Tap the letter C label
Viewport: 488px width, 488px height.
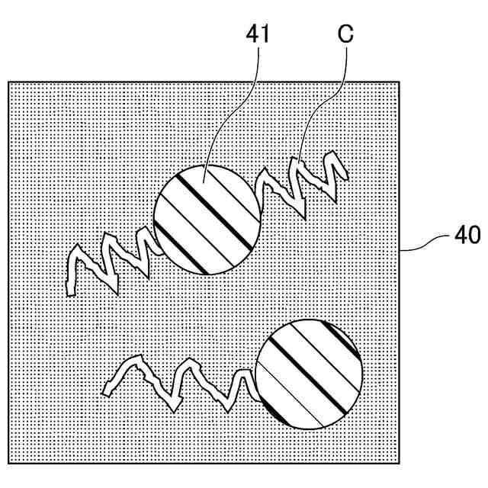[344, 34]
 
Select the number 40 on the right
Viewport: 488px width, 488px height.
[467, 236]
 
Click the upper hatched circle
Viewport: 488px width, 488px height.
[206, 219]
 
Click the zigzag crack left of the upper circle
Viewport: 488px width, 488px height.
[114, 259]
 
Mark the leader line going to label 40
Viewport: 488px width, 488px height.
[427, 242]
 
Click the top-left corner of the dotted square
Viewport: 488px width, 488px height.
[8, 82]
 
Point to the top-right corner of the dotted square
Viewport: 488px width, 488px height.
[400, 82]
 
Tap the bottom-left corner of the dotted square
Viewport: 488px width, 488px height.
[8, 462]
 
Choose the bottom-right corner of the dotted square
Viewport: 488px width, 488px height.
[400, 462]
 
